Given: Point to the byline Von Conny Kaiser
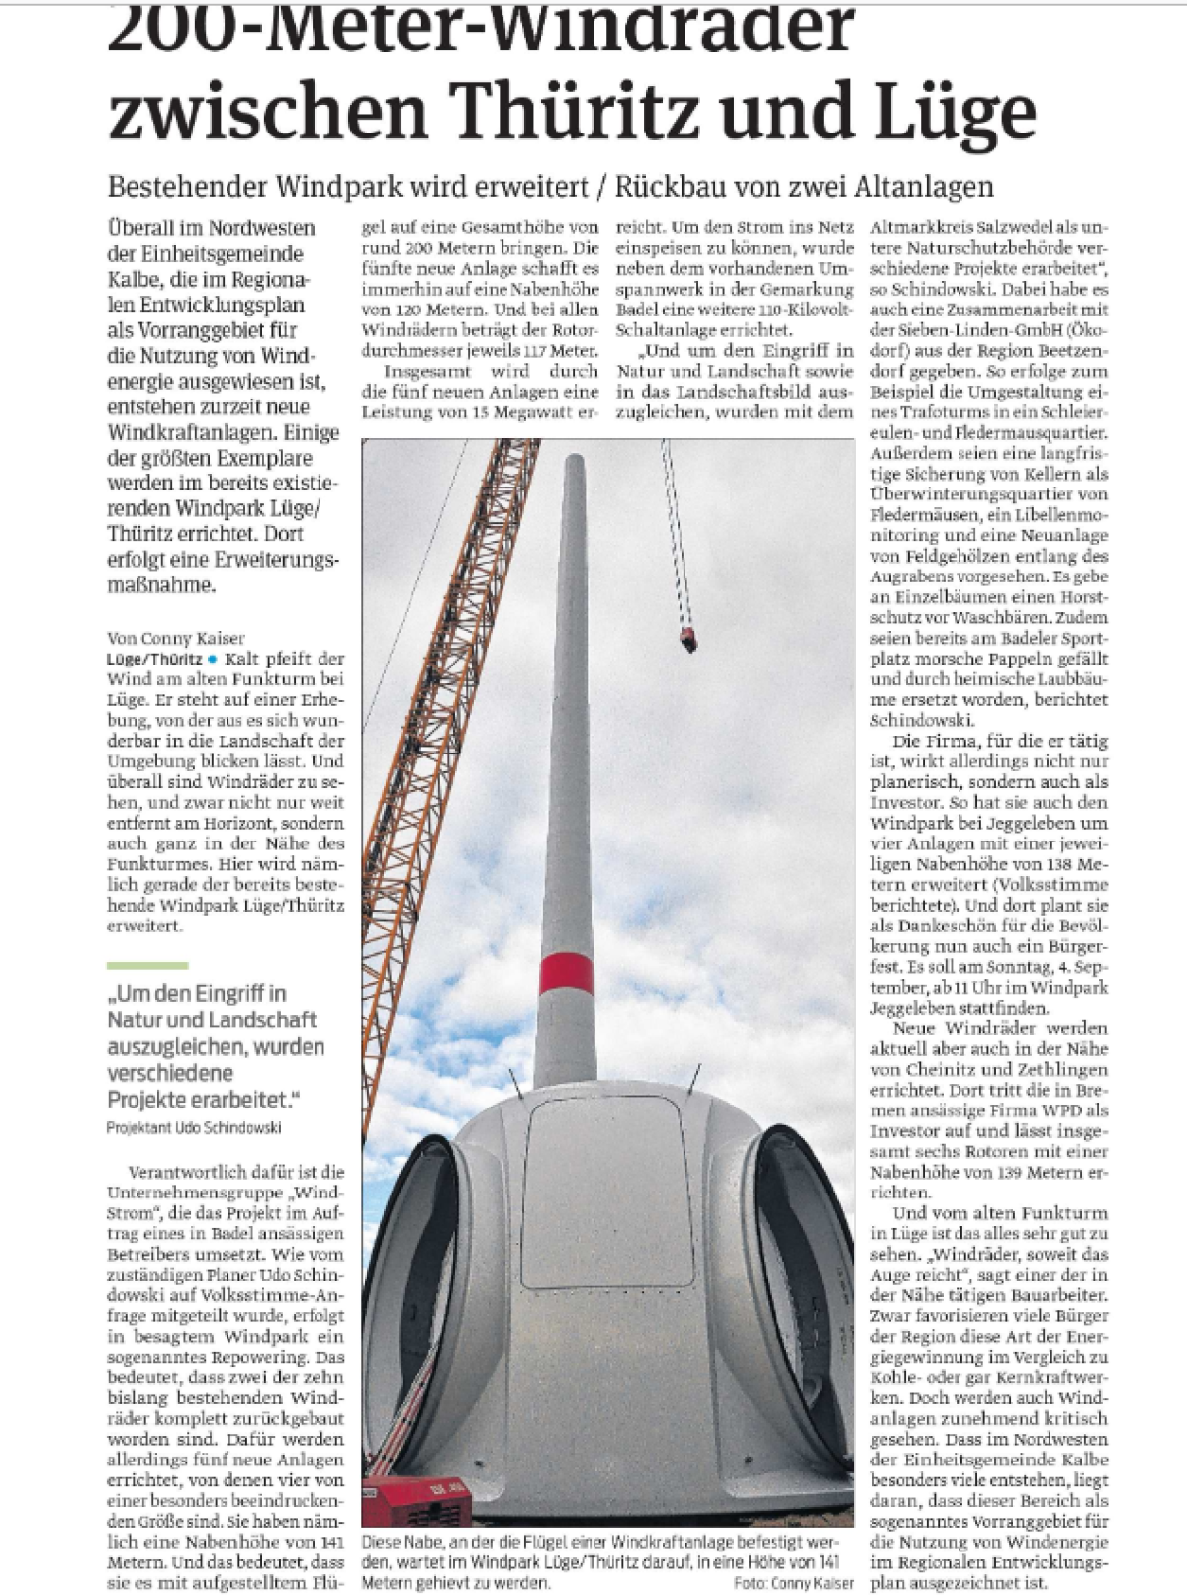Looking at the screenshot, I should click(x=176, y=639).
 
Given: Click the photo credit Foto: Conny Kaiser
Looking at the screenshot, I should click(x=793, y=1584).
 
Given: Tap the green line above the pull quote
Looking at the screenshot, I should click(x=147, y=965).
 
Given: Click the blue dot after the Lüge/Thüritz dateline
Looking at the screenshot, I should click(x=212, y=659).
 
